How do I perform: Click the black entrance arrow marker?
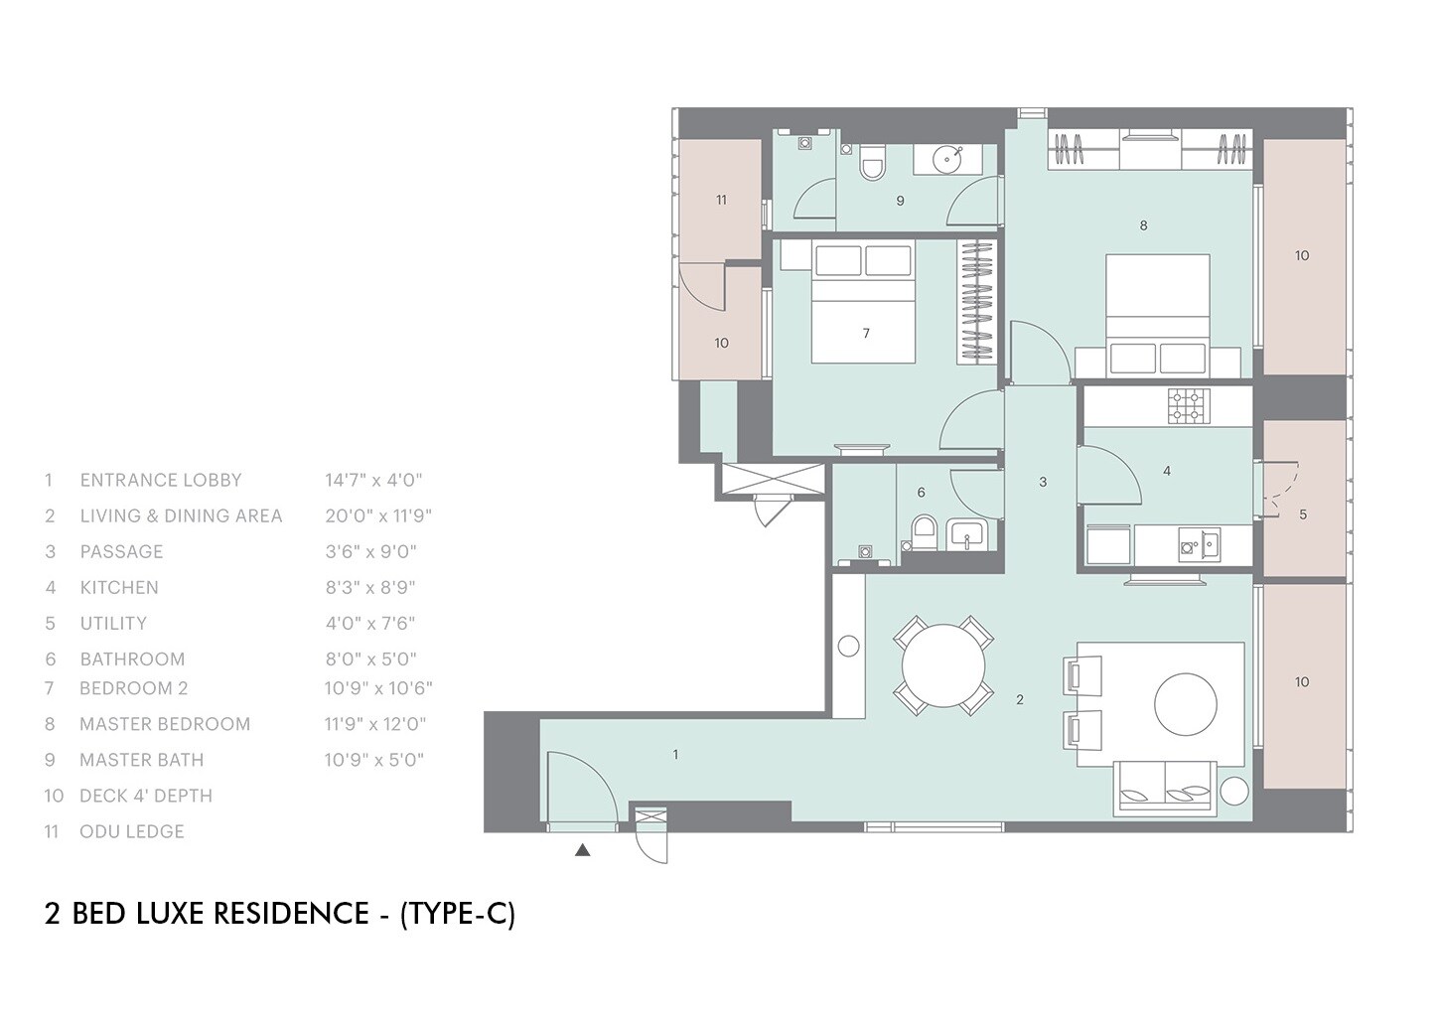tap(583, 850)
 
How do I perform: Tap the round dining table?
tap(943, 664)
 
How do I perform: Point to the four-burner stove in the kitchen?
tap(1188, 405)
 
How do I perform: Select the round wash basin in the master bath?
tap(950, 157)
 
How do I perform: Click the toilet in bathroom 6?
tap(924, 531)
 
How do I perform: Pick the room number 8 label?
tap(1143, 225)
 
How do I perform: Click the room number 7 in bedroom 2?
tap(866, 333)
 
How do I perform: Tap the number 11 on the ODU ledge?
tap(721, 200)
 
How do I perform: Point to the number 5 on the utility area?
tap(1303, 514)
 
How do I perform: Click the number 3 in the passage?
tap(1042, 482)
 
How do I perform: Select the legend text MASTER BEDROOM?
tap(165, 724)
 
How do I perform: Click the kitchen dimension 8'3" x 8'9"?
tap(370, 587)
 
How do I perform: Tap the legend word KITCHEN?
tap(119, 587)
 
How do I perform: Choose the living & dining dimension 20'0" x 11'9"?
tap(378, 515)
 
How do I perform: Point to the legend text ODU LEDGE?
tap(132, 831)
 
